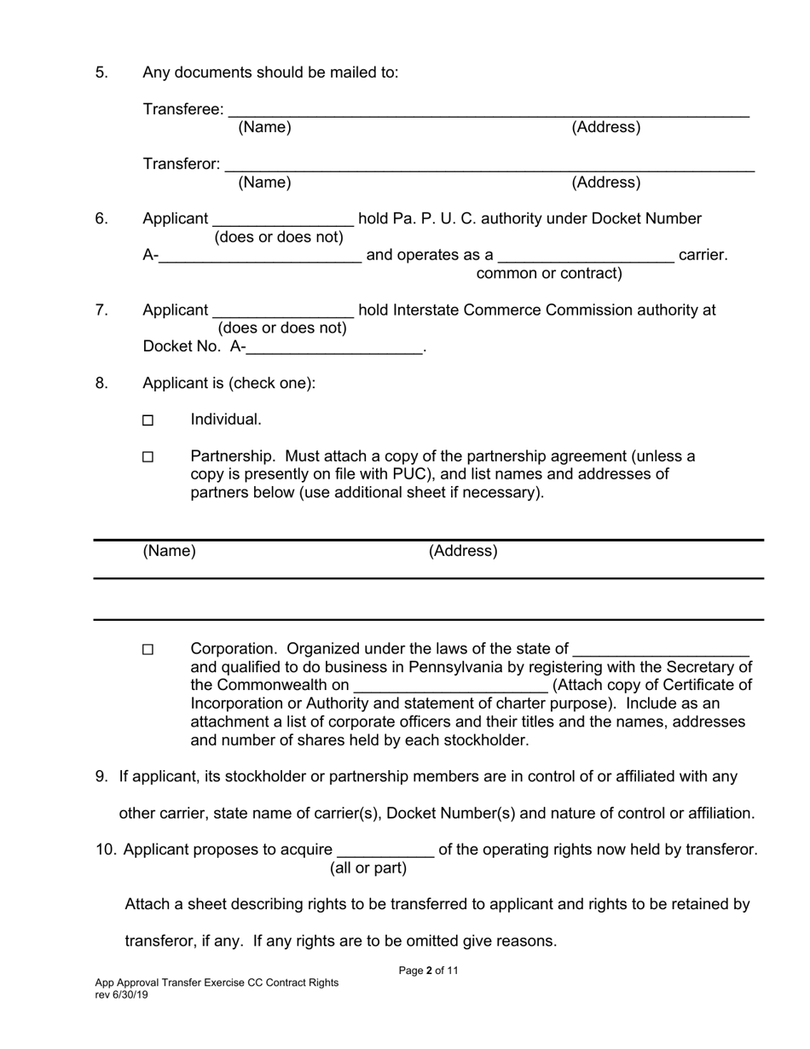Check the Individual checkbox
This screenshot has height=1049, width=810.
click(148, 420)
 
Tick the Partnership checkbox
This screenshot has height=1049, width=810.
click(148, 457)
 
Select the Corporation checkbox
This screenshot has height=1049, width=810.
click(148, 650)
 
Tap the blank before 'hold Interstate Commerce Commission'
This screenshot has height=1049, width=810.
click(283, 311)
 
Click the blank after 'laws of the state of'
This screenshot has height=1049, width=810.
click(661, 650)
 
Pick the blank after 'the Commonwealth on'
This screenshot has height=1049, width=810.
click(450, 687)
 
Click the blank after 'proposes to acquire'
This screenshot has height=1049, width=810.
click(386, 851)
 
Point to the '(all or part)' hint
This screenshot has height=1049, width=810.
click(368, 868)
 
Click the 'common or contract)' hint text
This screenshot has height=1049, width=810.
click(549, 274)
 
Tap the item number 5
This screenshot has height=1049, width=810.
click(101, 72)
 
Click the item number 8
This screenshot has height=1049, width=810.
click(101, 383)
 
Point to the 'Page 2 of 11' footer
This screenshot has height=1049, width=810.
click(428, 971)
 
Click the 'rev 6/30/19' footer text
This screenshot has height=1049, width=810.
click(121, 994)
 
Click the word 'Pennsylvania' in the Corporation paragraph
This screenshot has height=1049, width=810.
click(454, 667)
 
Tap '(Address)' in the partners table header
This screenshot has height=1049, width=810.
click(463, 551)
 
